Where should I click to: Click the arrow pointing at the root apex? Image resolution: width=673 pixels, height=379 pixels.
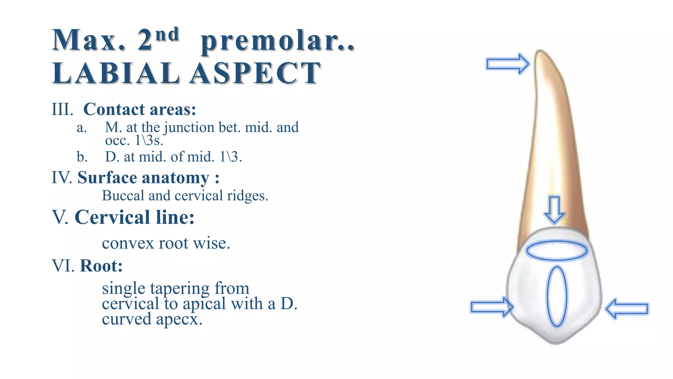coord(507,64)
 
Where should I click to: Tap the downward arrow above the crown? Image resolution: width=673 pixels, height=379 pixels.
coord(555,210)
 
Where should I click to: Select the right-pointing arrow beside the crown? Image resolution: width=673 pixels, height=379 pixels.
coord(492,307)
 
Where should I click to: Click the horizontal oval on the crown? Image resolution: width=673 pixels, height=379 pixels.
coord(557,251)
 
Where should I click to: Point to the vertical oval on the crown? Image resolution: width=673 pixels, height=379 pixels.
coord(557,296)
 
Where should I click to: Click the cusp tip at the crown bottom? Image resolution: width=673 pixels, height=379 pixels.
coord(555,342)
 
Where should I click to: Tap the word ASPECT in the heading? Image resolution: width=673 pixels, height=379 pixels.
coord(255,73)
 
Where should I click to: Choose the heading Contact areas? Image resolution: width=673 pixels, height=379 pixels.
coord(140,109)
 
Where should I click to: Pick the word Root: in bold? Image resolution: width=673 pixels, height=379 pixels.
coord(101,266)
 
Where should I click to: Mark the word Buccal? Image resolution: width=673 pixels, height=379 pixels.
coord(123,196)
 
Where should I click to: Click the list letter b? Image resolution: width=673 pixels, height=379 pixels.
coord(82,157)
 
